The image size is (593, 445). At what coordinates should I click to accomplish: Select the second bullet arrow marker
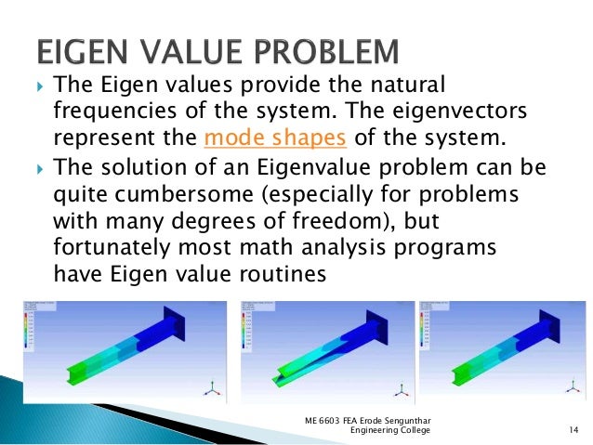click(37, 169)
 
